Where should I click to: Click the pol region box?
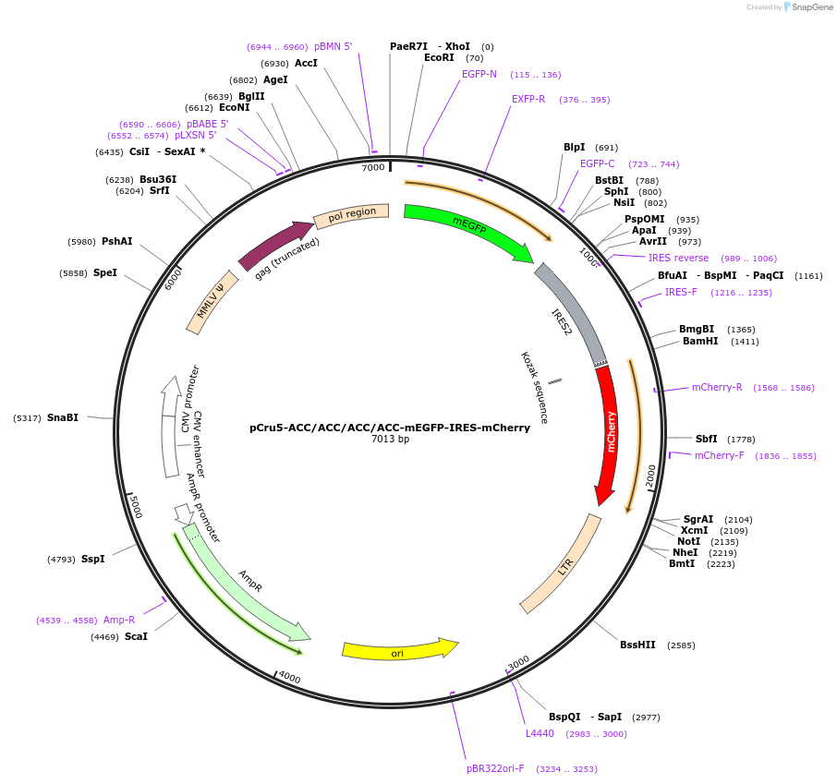coord(352,215)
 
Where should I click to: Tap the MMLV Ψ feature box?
coord(212,301)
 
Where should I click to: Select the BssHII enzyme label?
coord(638,645)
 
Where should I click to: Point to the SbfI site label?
coord(706,439)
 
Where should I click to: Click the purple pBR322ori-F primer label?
coord(495,768)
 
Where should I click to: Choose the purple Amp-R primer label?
coord(119,620)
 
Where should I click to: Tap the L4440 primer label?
coord(540,733)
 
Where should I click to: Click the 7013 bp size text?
coord(390,440)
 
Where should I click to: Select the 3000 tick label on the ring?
coord(518,661)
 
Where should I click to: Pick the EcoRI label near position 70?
coord(439,57)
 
